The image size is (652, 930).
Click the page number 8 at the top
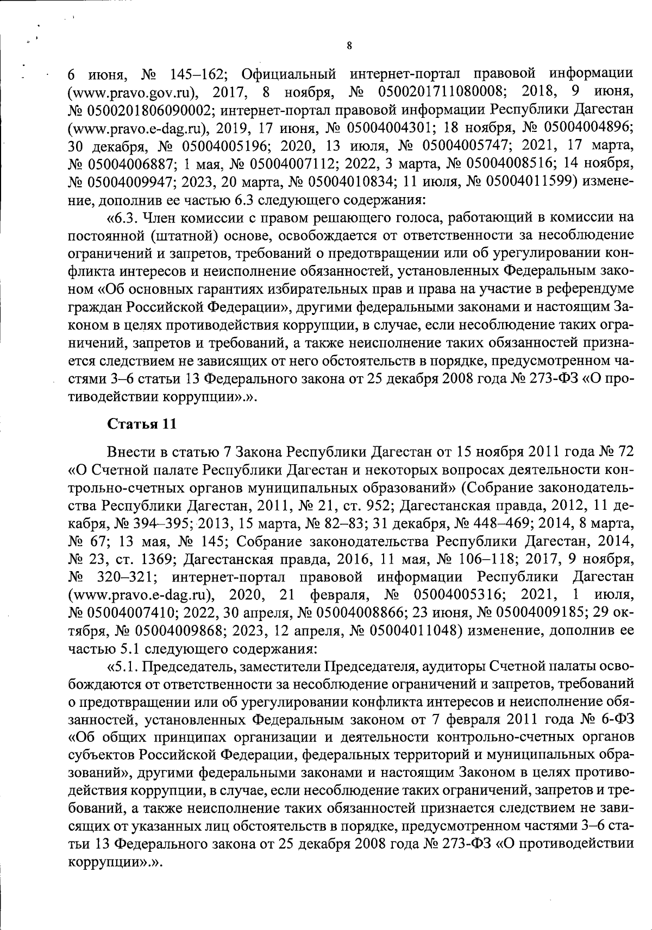tap(348, 46)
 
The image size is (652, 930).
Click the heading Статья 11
tap(142, 424)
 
